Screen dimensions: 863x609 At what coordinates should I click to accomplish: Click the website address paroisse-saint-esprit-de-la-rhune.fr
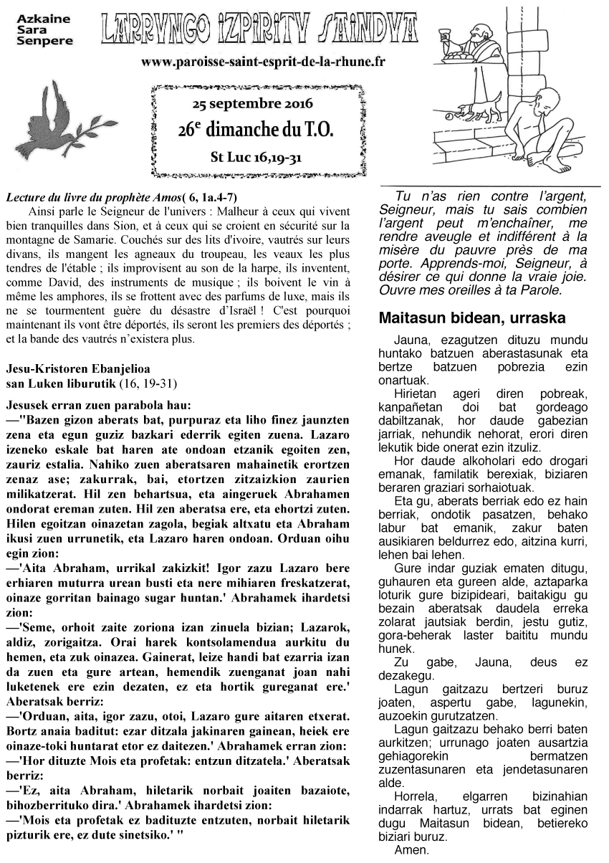tap(264, 62)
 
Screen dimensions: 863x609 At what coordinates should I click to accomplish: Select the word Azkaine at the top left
tap(37, 14)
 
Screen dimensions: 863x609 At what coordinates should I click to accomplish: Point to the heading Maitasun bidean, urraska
tap(472, 318)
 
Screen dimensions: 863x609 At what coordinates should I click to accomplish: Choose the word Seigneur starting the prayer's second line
tap(402, 210)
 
